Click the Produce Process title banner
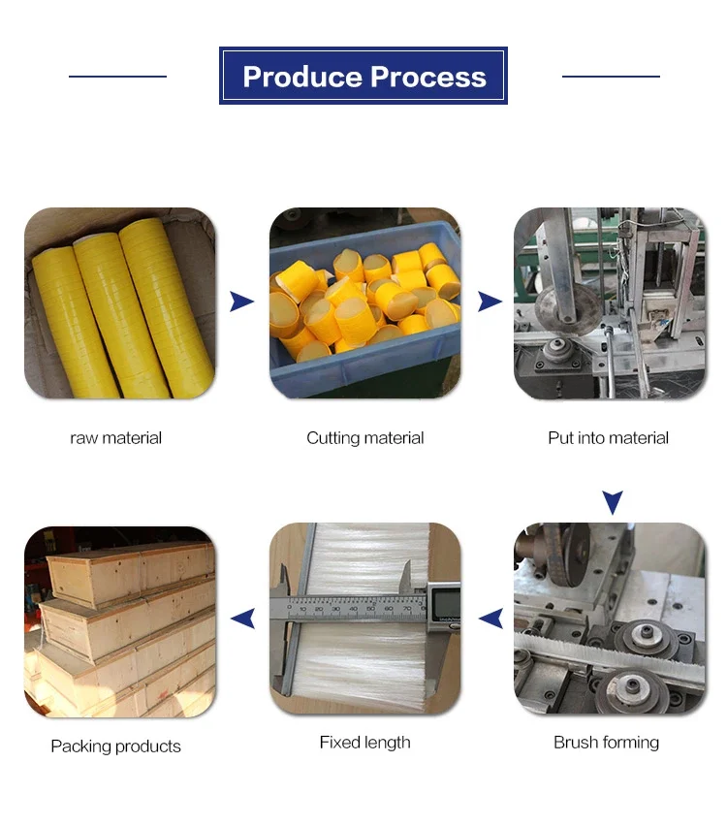click(x=363, y=76)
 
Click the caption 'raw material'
click(x=116, y=438)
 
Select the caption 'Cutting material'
click(x=364, y=438)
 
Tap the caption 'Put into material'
click(x=608, y=438)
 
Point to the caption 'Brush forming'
click(x=606, y=743)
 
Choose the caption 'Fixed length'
click(x=364, y=743)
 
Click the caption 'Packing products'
click(x=115, y=747)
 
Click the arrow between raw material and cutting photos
click(x=241, y=302)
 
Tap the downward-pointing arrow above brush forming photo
click(x=612, y=502)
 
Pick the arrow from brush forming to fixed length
click(x=490, y=618)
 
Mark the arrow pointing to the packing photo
click(x=242, y=618)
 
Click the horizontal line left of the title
click(x=117, y=76)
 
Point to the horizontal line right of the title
click(x=611, y=76)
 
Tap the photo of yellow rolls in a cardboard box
click(x=120, y=302)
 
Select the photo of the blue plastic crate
click(x=364, y=302)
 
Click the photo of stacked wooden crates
click(x=120, y=621)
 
